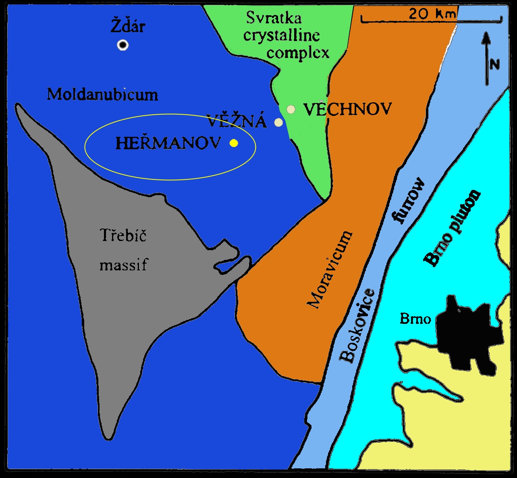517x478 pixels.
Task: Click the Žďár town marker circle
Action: [123, 45]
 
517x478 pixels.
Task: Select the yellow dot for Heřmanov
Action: [233, 143]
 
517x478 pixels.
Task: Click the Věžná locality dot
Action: [278, 122]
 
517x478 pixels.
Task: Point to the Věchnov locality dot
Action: [291, 109]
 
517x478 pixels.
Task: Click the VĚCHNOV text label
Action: [347, 109]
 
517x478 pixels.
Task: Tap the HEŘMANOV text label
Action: [168, 143]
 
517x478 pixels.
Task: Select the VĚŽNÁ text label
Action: [237, 121]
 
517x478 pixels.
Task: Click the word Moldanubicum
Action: [102, 95]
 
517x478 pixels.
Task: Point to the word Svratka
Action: [274, 18]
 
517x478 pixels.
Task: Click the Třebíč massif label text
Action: [123, 249]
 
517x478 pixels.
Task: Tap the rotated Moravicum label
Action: [330, 270]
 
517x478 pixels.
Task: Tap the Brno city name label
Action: [415, 319]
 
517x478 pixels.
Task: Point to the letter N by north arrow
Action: [495, 64]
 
